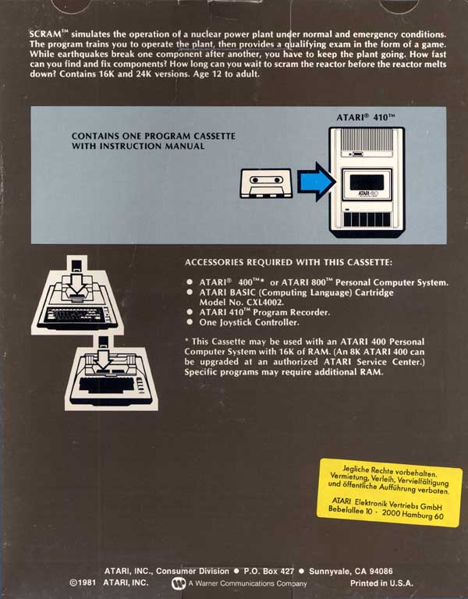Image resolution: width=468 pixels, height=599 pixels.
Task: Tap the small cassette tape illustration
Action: click(266, 183)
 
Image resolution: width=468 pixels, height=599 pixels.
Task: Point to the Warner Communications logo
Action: click(179, 583)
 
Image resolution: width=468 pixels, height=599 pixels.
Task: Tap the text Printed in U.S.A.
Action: click(381, 583)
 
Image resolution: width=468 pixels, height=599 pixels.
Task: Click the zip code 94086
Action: click(381, 572)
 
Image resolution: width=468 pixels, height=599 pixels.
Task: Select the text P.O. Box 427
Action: click(269, 572)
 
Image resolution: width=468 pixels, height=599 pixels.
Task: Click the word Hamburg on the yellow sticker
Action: click(417, 515)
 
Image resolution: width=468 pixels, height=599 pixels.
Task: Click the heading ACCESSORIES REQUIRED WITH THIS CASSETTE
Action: click(289, 262)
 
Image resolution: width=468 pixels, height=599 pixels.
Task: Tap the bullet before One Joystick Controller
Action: click(190, 322)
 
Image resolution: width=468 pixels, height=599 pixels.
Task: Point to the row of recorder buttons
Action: click(367, 219)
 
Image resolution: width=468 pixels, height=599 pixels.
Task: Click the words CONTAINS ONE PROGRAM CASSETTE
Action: click(154, 136)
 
